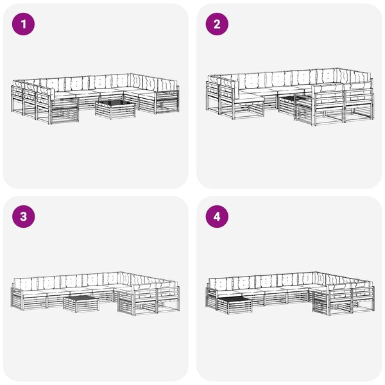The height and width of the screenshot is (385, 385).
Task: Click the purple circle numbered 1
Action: tap(23, 24)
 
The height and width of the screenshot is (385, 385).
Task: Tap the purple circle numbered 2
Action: tap(217, 24)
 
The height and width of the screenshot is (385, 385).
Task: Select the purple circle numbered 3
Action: tap(23, 217)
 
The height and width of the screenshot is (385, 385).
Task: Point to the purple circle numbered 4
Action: tap(217, 217)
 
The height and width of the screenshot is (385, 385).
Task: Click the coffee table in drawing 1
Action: tap(116, 110)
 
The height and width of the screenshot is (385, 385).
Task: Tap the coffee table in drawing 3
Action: tap(81, 304)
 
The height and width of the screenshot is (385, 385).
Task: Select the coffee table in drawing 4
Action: tap(234, 305)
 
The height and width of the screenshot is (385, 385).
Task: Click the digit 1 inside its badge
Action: tap(24, 24)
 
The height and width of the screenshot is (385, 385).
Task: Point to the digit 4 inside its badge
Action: tap(217, 217)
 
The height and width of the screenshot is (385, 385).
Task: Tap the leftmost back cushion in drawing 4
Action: tap(220, 284)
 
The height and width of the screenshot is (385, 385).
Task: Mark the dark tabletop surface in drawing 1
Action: tap(116, 103)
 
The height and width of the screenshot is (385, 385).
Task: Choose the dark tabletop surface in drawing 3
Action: tap(81, 299)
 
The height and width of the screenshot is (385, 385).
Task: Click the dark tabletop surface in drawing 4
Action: tap(234, 300)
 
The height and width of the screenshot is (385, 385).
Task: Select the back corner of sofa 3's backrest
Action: tap(120, 272)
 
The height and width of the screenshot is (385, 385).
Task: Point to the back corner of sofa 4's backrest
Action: tap(314, 272)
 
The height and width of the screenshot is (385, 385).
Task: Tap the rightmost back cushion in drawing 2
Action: tap(361, 78)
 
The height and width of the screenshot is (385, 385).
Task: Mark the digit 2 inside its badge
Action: tap(217, 24)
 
